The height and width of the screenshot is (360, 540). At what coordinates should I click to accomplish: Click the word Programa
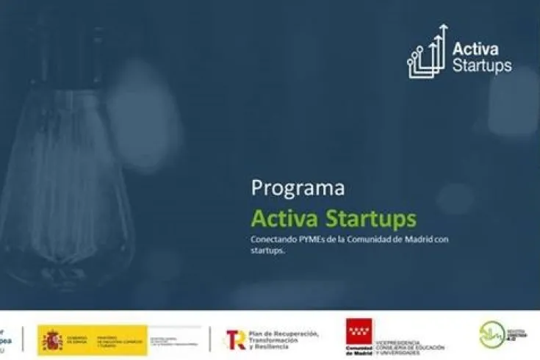[x=298, y=188]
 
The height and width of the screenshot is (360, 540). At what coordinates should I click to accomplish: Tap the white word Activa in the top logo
[x=475, y=49]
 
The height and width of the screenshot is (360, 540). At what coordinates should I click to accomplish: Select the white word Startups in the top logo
[x=482, y=66]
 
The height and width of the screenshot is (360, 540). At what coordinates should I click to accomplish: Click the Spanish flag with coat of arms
[x=53, y=339]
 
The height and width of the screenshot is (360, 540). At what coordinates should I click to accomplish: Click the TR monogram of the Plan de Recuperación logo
[x=236, y=339]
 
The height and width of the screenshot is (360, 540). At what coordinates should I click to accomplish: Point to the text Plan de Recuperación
[x=284, y=334]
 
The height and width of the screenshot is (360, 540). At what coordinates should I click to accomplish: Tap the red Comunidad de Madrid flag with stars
[x=359, y=332]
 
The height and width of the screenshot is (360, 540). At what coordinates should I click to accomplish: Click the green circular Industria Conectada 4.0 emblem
[x=490, y=335]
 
